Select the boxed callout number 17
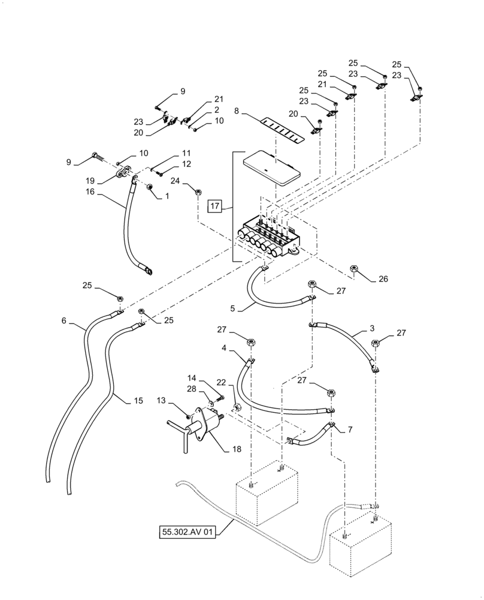pyautogui.click(x=216, y=207)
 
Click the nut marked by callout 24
pyautogui.click(x=197, y=193)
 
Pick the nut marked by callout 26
pyautogui.click(x=353, y=271)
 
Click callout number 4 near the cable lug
pyautogui.click(x=223, y=347)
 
